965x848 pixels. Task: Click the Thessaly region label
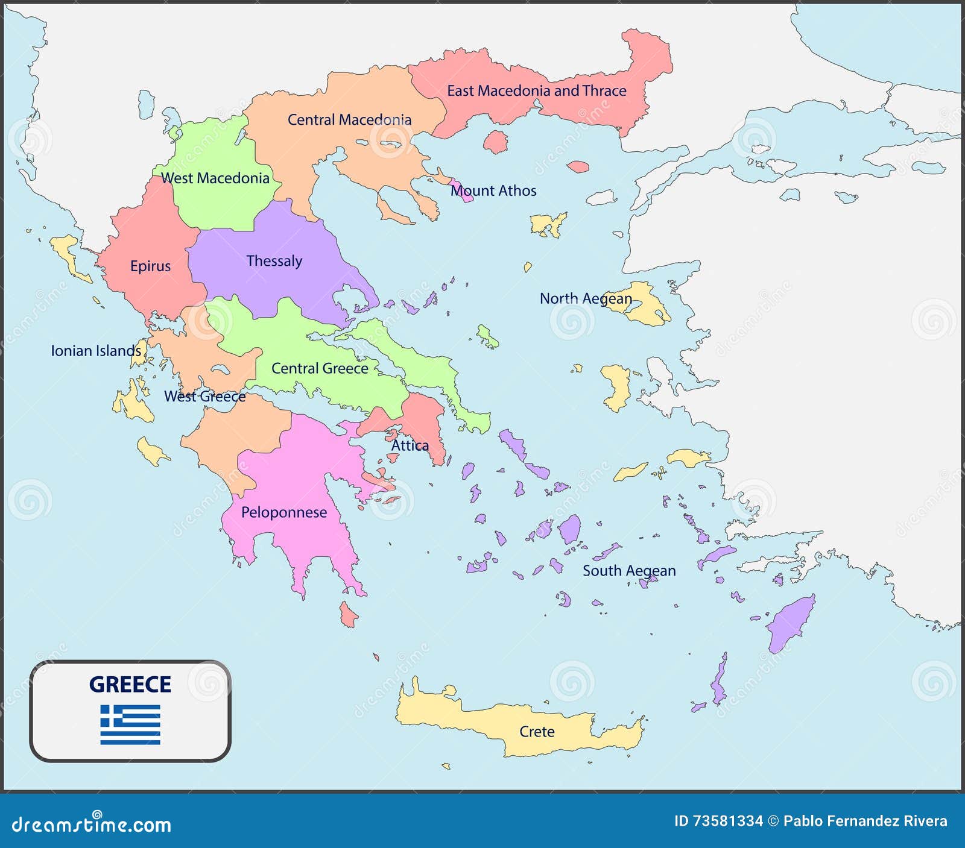[274, 261]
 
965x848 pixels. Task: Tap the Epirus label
[151, 266]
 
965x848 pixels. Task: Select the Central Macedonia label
[349, 119]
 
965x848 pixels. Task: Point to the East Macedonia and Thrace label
[536, 90]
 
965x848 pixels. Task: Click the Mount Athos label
[493, 190]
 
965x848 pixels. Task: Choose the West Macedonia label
[215, 178]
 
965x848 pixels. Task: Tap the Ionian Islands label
[96, 351]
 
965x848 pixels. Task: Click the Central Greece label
[320, 368]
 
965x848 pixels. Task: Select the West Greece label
[205, 396]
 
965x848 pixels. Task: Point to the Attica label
[410, 445]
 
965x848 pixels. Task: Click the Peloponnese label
[284, 512]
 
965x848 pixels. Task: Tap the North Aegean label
[586, 298]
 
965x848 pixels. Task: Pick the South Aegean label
[629, 570]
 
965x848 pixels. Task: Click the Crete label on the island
[537, 731]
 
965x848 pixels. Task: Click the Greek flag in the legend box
[130, 724]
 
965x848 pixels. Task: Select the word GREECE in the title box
[130, 684]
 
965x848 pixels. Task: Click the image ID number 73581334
[728, 821]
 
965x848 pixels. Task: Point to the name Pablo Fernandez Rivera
[865, 821]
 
